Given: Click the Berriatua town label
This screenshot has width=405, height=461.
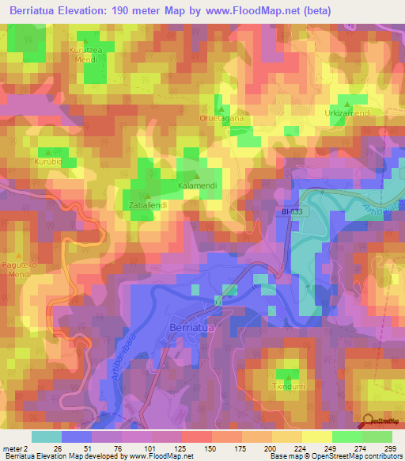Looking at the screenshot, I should [x=191, y=326].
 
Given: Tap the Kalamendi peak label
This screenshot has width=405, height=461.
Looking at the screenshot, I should [x=197, y=186].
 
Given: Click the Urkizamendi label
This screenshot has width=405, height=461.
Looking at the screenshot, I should [x=348, y=114].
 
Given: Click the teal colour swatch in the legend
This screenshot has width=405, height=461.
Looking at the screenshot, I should [x=46, y=436].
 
